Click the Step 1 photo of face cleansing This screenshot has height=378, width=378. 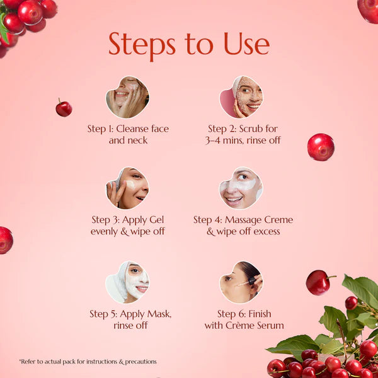click(127, 97)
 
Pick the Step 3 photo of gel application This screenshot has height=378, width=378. click(127, 188)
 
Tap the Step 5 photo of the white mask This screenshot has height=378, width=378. click(127, 282)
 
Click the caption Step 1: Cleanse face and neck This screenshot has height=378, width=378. click(128, 134)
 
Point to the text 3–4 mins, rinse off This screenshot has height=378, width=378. click(243, 140)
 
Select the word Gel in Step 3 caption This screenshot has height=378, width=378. click(157, 220)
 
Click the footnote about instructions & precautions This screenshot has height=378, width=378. click(88, 362)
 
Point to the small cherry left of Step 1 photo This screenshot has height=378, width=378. click(64, 108)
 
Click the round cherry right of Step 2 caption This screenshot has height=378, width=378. click(321, 147)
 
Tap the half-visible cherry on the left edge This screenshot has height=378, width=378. click(5, 240)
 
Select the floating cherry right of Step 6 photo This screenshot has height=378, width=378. click(318, 282)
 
